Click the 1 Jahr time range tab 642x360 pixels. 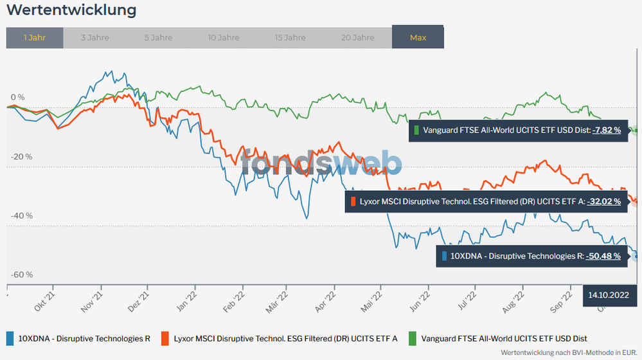coord(35,38)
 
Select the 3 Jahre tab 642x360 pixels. coord(95,38)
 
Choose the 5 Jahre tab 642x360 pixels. coord(158,38)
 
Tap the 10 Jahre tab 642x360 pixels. coord(224,38)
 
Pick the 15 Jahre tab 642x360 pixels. coord(290,38)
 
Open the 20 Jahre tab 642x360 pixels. coord(357,38)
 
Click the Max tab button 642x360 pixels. coord(418,38)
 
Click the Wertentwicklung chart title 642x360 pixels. coord(71,10)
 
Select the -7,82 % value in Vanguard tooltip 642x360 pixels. coord(607,130)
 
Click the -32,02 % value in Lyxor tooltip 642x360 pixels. coord(604,202)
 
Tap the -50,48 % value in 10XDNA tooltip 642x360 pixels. coord(603,256)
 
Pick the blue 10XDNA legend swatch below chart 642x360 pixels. coord(10,338)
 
